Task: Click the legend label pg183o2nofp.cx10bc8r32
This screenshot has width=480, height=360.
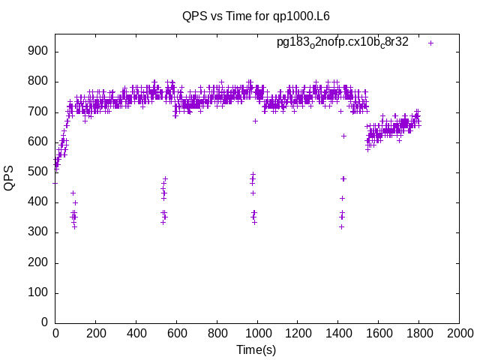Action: click(x=343, y=42)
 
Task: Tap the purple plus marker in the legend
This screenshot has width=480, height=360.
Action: click(x=430, y=43)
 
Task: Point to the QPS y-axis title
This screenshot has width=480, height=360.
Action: click(x=10, y=178)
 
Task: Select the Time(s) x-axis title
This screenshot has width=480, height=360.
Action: click(x=256, y=349)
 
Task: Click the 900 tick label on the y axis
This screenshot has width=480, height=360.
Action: click(x=38, y=52)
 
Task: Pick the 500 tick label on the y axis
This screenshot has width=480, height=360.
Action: click(x=38, y=172)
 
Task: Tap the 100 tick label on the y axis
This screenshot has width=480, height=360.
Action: click(x=38, y=292)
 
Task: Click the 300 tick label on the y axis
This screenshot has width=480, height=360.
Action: click(x=38, y=232)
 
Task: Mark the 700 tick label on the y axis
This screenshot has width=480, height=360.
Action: click(x=38, y=112)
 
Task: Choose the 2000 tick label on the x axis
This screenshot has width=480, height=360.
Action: click(x=459, y=332)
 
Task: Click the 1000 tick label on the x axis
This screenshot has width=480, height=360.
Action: click(x=257, y=332)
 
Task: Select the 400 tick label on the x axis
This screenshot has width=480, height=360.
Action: click(x=136, y=332)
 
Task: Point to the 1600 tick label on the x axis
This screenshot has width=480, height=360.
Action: click(x=378, y=332)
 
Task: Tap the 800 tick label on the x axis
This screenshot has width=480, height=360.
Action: click(x=217, y=332)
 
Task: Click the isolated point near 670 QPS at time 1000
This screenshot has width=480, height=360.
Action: click(x=255, y=121)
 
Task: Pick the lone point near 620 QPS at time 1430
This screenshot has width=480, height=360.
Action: click(x=343, y=136)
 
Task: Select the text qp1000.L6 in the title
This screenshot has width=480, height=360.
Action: click(x=304, y=15)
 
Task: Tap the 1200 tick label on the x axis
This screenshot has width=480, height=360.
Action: click(x=298, y=332)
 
